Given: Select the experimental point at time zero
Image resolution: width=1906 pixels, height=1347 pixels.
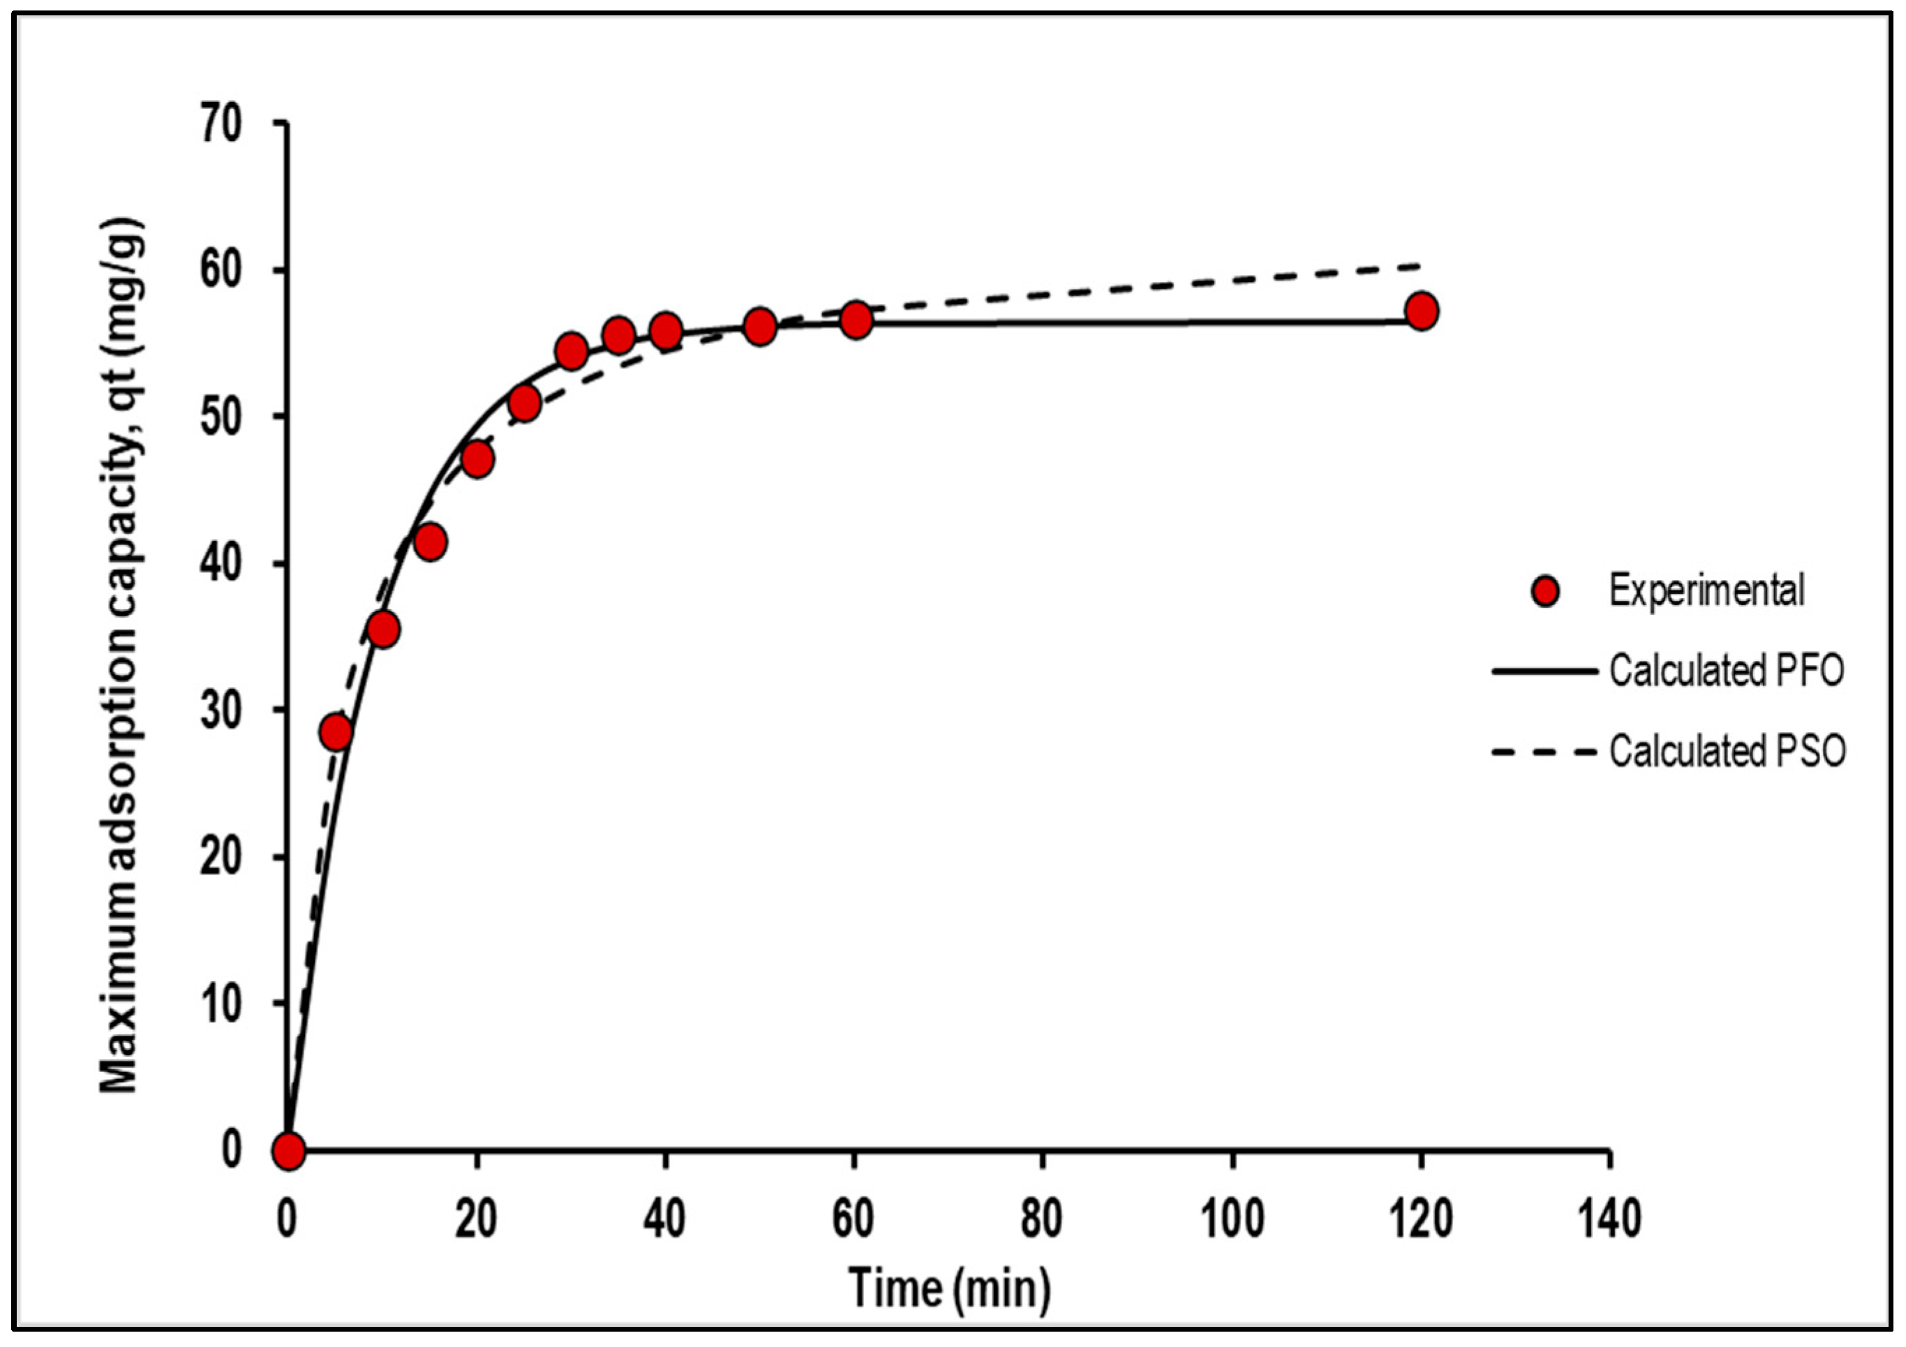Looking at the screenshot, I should [288, 1151].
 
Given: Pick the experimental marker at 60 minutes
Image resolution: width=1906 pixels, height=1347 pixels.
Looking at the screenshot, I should [856, 320].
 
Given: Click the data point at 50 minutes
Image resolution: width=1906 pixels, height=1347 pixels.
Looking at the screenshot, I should [759, 326].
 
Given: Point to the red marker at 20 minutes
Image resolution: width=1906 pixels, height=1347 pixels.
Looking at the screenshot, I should [477, 459].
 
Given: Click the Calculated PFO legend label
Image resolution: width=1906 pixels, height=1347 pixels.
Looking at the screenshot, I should [1727, 671].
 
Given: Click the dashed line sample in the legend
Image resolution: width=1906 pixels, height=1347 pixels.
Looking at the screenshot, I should [1544, 752].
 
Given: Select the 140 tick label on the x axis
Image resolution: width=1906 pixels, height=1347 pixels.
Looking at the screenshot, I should [1609, 1219].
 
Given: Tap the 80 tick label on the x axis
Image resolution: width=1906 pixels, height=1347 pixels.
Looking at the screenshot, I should [1042, 1219].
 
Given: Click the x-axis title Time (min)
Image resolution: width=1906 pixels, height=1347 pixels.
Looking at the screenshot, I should [950, 1288].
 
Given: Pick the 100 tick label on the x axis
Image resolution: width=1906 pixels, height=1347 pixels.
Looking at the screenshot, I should [1231, 1219].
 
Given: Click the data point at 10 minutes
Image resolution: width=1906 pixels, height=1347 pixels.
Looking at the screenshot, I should [382, 630].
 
